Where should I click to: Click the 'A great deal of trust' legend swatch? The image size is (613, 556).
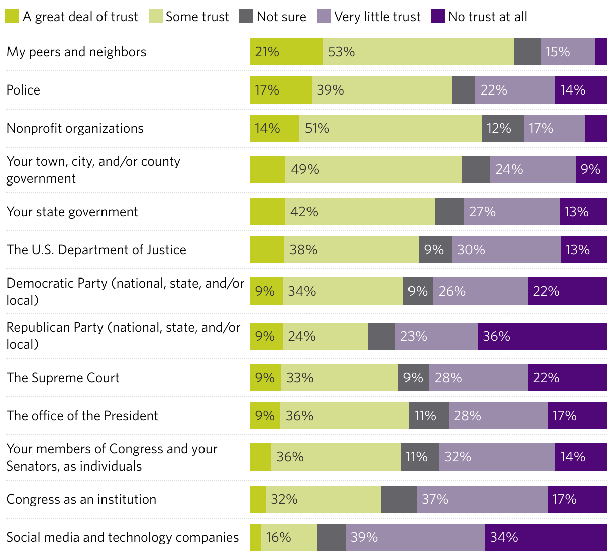[x=12, y=17]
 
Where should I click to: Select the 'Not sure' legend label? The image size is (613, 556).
[x=281, y=17]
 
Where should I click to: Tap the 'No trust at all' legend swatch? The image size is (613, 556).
[x=438, y=17]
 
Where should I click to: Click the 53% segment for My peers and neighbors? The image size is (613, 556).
[x=418, y=52]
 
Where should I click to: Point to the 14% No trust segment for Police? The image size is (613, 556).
[x=580, y=90]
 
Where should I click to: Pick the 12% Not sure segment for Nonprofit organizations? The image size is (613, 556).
[x=502, y=128]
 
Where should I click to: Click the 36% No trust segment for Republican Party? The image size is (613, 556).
[x=542, y=336]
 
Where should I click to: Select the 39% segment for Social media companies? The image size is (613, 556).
[x=415, y=537]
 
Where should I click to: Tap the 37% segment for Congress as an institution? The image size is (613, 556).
[x=482, y=499]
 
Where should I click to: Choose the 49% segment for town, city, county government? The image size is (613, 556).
[x=373, y=169]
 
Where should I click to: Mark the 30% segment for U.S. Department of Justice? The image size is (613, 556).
[x=506, y=250]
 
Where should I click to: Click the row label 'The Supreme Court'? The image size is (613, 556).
[x=63, y=378]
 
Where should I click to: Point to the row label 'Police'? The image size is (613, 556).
[x=23, y=90]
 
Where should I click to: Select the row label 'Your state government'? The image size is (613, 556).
[x=72, y=212]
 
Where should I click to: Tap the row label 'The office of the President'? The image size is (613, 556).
[x=82, y=416]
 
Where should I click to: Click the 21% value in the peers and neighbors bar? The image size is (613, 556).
[x=267, y=52]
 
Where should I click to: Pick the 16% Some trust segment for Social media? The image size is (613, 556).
[x=288, y=537]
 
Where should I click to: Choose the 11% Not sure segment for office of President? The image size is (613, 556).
[x=429, y=416]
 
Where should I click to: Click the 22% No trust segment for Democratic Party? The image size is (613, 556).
[x=567, y=291]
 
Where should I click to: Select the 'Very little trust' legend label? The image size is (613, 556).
[x=377, y=17]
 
